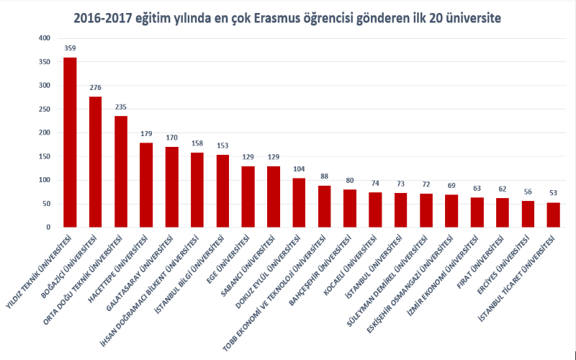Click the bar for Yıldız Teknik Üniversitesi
70,143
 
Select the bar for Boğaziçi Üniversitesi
95,162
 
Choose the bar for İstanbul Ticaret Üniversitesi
553,215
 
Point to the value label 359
70,49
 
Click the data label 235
121,107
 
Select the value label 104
299,169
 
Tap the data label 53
553,194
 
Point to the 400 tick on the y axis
45,38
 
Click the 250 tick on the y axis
45,109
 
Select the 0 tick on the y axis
48,228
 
